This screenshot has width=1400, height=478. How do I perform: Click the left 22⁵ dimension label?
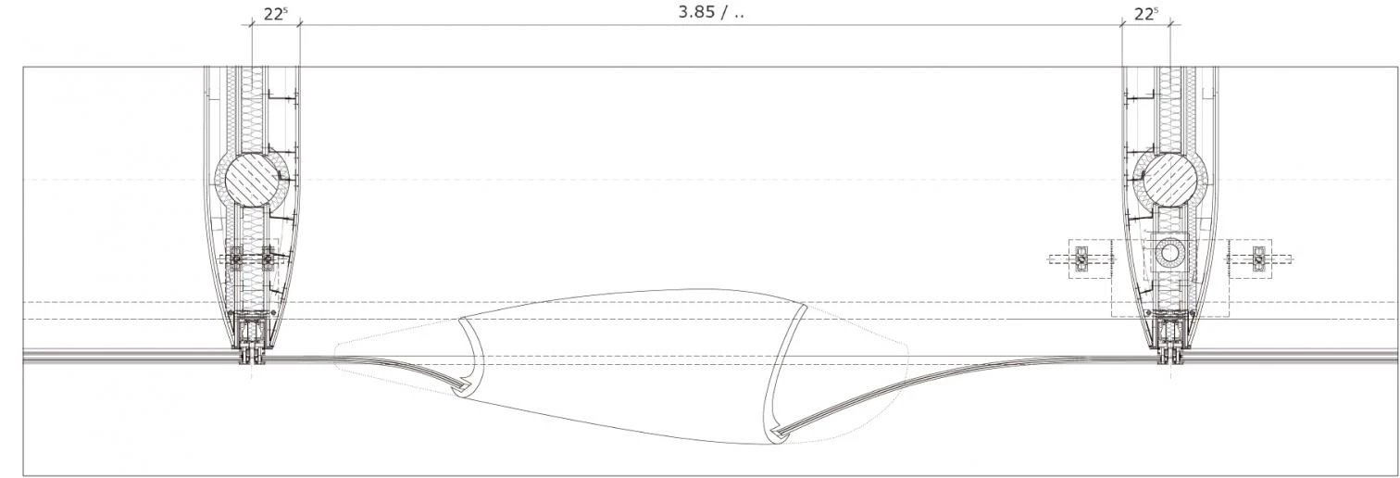(x=275, y=14)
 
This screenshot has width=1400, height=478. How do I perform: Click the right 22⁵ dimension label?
(x=1146, y=14)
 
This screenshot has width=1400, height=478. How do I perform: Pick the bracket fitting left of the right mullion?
(x=1081, y=258)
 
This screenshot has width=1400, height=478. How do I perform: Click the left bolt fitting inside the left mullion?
(x=236, y=258)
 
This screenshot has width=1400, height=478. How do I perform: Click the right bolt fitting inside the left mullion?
(x=269, y=258)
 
